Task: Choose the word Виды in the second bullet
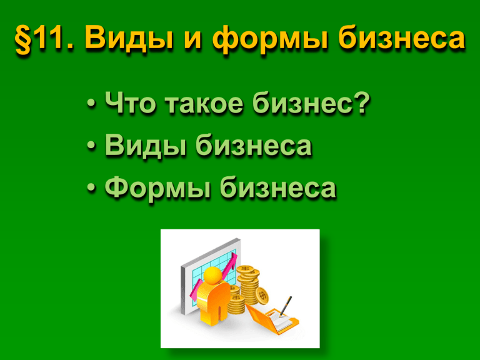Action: pos(146,145)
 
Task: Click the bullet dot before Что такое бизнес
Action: pos(91,104)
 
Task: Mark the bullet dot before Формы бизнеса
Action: pos(91,189)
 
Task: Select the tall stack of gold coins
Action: pos(248,285)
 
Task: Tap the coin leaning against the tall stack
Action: pos(262,296)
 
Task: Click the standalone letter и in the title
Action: pos(191,41)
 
